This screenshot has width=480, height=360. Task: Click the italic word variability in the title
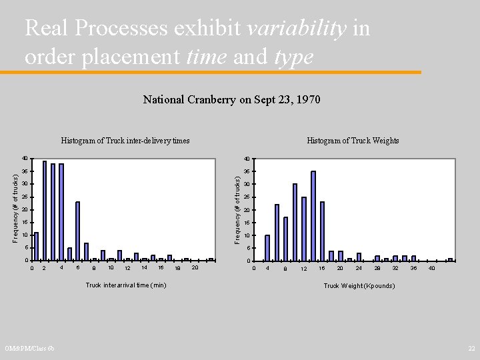tap(297, 28)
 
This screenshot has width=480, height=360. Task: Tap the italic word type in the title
tap(293, 57)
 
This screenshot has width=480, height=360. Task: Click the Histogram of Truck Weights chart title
tap(353, 141)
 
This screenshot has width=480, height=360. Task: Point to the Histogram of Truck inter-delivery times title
tap(125, 141)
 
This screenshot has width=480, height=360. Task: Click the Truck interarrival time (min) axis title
tap(126, 285)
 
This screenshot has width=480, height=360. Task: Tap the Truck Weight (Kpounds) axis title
tap(359, 285)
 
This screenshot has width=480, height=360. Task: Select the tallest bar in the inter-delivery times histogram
tap(45, 211)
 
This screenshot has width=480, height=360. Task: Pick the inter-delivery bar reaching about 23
tap(78, 231)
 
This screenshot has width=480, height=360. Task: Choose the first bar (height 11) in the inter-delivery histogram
tap(36, 246)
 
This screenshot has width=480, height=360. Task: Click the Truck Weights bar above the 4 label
tap(267, 247)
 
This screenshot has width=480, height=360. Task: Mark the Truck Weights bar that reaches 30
tap(295, 222)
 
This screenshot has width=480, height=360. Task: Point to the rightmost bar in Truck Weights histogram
tap(450, 259)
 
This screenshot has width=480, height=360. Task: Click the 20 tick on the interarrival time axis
tap(195, 268)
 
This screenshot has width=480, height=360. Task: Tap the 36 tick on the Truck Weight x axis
tap(413, 268)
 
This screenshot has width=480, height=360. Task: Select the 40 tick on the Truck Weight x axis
tap(432, 268)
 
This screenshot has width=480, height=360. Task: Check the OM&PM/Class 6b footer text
tap(30, 349)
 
